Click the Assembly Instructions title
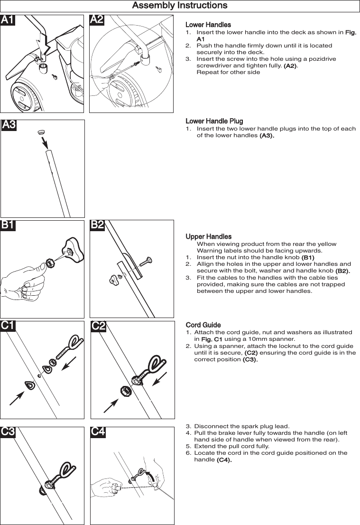(x=180, y=6)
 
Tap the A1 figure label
(x=8, y=20)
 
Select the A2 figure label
(x=97, y=20)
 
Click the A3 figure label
(x=9, y=125)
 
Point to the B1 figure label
(x=8, y=225)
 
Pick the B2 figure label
(x=97, y=225)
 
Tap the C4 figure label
(x=98, y=432)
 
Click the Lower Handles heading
(x=208, y=25)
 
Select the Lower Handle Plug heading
(x=214, y=122)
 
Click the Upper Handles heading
(x=209, y=236)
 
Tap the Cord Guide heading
(x=203, y=325)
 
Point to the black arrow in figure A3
(x=43, y=141)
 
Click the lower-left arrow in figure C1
(x=18, y=397)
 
